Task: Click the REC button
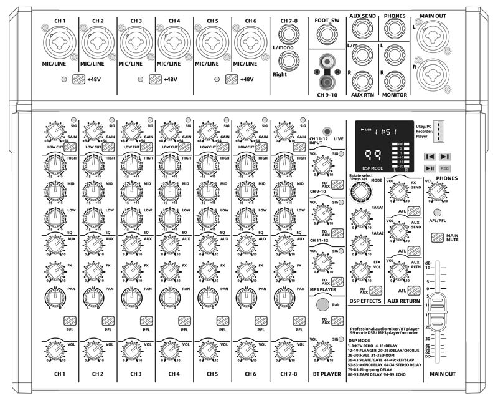[x=444, y=168]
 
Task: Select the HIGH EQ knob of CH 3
[x=131, y=165]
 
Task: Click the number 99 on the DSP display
[x=374, y=155]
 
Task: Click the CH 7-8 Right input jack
[x=288, y=61]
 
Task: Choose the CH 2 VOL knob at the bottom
[x=93, y=352]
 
